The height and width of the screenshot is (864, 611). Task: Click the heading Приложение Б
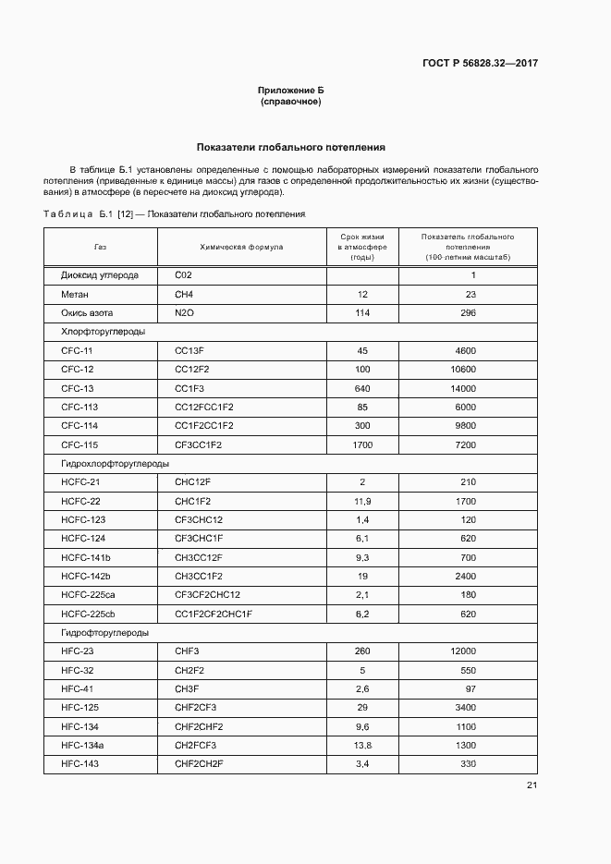coord(291,91)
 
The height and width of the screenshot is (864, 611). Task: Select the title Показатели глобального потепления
coord(291,147)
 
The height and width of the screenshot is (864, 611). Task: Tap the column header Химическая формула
coord(242,248)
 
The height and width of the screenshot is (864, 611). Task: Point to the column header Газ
coord(100,248)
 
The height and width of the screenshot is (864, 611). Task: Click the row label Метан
coord(75,294)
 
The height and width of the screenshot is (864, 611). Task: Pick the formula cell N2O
coord(186,313)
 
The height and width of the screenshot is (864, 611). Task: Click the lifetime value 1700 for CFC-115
coord(362,445)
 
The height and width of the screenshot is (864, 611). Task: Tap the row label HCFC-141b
coord(86,558)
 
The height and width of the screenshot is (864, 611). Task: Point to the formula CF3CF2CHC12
coord(207,595)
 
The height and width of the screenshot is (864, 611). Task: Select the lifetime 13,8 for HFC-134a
coord(362,746)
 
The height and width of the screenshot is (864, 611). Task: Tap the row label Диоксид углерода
coord(100,275)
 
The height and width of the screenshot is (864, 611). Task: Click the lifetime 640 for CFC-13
coord(362,388)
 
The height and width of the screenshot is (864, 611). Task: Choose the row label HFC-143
coord(80,764)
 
